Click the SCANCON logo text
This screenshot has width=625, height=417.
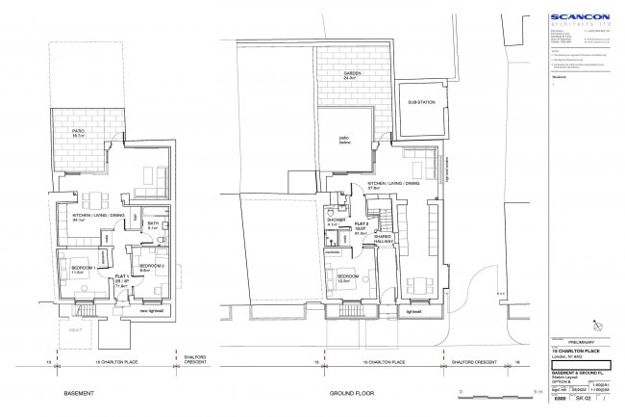[x=580, y=16]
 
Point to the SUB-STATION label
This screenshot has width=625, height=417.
[x=421, y=101]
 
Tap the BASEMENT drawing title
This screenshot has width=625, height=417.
[x=78, y=395]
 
